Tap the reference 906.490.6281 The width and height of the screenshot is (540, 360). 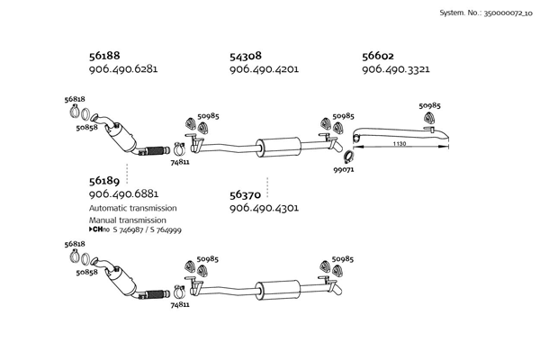pyautogui.click(x=123, y=69)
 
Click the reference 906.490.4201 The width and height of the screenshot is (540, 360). pyautogui.click(x=264, y=69)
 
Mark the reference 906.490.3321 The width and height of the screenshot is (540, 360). pyautogui.click(x=395, y=69)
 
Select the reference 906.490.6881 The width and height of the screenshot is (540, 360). pyautogui.click(x=123, y=194)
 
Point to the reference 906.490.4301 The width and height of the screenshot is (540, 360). pyautogui.click(x=264, y=209)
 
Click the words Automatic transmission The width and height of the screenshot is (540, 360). pyautogui.click(x=132, y=208)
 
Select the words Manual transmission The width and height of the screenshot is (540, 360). pyautogui.click(x=127, y=220)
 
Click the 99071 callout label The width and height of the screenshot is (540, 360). pyautogui.click(x=344, y=169)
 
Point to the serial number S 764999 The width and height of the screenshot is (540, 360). pyautogui.click(x=162, y=230)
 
